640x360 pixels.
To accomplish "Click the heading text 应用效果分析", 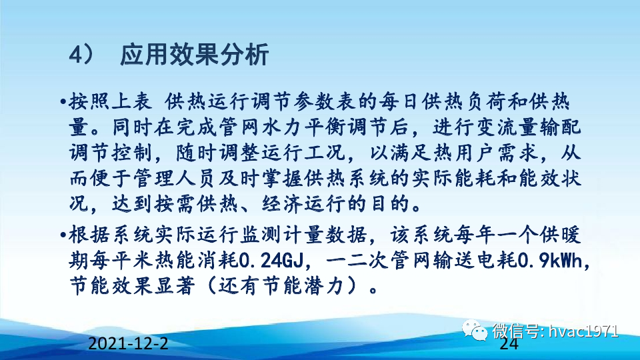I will click(x=194, y=55).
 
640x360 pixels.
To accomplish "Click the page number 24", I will click(x=509, y=344).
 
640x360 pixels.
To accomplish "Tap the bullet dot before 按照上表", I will click(x=63, y=105).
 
